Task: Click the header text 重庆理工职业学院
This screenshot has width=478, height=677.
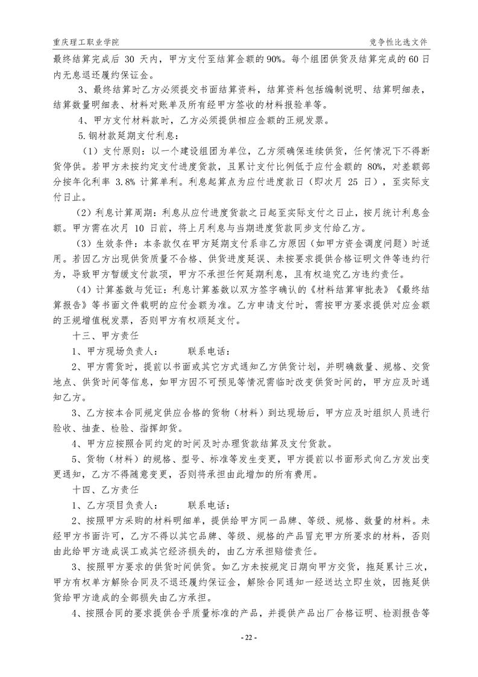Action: (x=86, y=43)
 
